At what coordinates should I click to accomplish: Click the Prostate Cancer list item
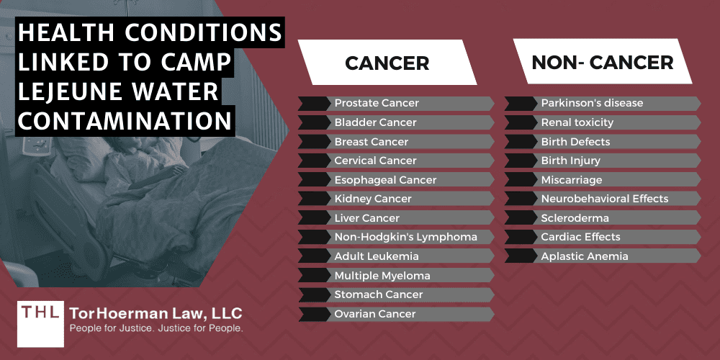click(377, 103)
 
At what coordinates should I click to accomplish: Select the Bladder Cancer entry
click(374, 122)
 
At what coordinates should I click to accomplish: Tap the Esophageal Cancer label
click(385, 179)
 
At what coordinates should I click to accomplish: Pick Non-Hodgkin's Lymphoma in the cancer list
click(405, 237)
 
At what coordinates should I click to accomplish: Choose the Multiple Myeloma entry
click(382, 275)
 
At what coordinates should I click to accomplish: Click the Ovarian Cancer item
click(375, 313)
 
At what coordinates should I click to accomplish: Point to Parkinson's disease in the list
click(592, 103)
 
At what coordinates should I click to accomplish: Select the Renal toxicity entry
click(577, 122)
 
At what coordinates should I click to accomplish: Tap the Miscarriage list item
click(572, 179)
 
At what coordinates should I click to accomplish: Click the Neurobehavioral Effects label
click(605, 199)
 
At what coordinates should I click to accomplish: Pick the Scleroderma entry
click(575, 217)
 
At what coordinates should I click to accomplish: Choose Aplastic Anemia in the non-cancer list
click(585, 256)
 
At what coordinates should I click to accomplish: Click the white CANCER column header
click(387, 63)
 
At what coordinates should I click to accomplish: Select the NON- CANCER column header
click(602, 63)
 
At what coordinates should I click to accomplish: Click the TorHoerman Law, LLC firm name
click(156, 313)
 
